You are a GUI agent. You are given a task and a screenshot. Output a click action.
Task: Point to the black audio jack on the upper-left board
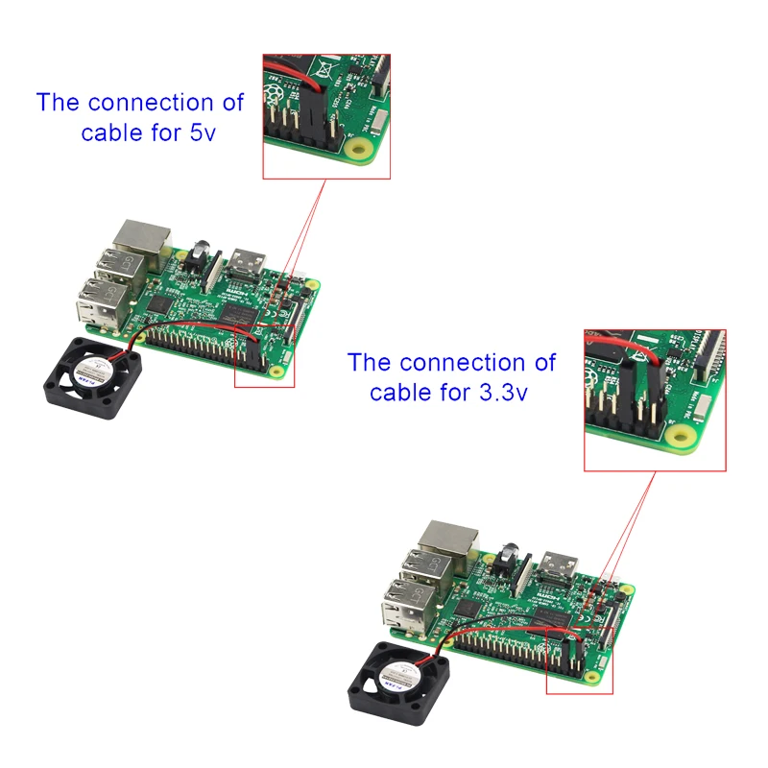pos(201,253)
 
